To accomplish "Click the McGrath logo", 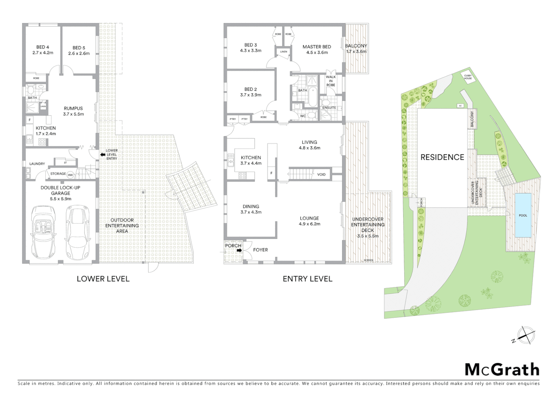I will pos(502,370).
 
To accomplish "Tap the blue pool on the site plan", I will pos(523,215).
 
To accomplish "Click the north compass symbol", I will pos(524,335).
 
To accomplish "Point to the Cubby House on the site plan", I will pos(468,77).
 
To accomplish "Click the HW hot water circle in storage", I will pos(70,175).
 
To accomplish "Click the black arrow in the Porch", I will pos(239,251).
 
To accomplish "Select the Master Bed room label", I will pos(317,47).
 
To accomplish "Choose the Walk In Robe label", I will pos(330,81).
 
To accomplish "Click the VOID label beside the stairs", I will pos(321,174).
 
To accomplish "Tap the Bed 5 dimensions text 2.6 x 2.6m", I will pos(79,53).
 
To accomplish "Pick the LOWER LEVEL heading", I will pos(103,279).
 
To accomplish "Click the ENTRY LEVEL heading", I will pos(307,279).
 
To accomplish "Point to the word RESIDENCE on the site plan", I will pos(442,157).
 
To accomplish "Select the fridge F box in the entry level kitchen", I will pos(271,173).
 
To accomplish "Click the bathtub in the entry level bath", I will pos(313,97).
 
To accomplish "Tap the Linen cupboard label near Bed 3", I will pos(283,52).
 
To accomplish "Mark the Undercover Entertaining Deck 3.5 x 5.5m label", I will pos(367,228).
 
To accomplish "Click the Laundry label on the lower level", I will pos(37,164).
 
